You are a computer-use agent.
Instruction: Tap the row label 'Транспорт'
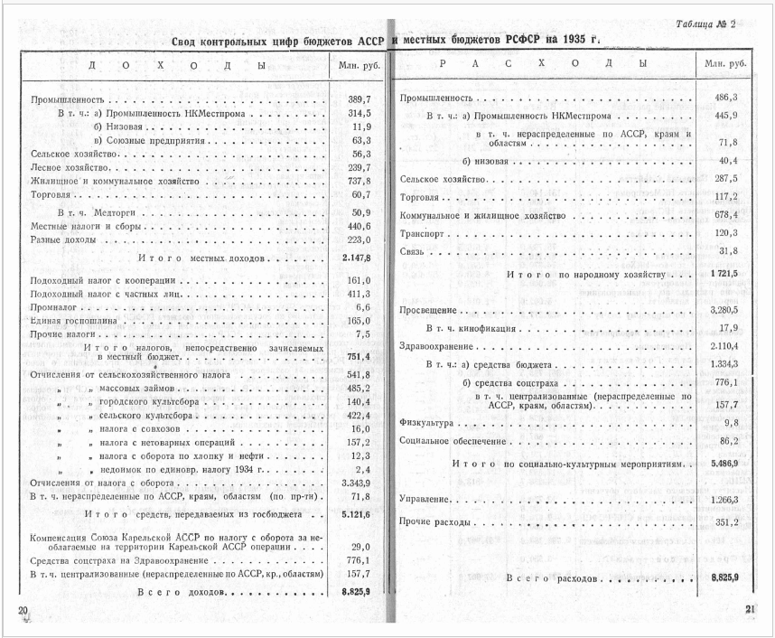pyautogui.click(x=422, y=234)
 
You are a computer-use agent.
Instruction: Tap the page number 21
pyautogui.click(x=751, y=609)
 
